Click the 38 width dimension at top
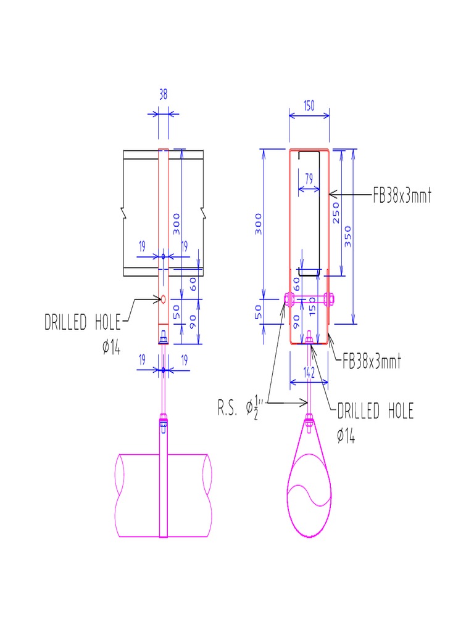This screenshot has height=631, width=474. (x=163, y=95)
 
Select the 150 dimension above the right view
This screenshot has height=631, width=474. (x=309, y=105)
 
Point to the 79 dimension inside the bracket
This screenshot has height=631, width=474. (x=309, y=178)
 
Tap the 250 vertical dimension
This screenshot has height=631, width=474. (x=336, y=213)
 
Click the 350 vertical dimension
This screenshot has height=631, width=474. (x=347, y=235)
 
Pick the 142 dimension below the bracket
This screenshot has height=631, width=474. (x=309, y=372)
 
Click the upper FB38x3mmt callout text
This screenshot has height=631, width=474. (x=401, y=197)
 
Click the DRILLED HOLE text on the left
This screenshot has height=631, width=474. (x=82, y=322)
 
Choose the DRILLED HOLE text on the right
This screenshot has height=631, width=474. (x=375, y=412)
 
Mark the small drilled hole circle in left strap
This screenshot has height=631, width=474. (x=163, y=299)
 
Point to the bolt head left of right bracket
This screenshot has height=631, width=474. (x=289, y=300)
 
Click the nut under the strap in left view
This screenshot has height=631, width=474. (x=163, y=338)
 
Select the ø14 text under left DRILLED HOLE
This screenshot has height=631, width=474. (x=111, y=348)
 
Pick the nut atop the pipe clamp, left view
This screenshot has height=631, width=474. (x=163, y=422)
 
